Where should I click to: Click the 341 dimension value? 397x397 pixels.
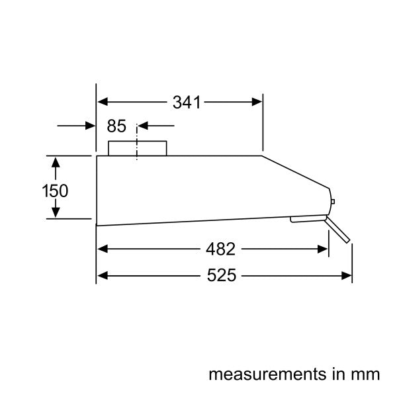tap(187, 102)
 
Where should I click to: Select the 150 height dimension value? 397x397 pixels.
tap(55, 191)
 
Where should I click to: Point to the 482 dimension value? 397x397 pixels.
tap(220, 249)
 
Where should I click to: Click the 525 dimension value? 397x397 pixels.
tap(220, 275)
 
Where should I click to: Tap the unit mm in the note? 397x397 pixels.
tap(368, 375)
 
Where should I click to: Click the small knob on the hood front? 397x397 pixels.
tap(333, 202)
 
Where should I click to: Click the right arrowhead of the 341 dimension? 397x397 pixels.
tap(257, 102)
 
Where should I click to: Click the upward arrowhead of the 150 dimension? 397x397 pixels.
tap(56, 162)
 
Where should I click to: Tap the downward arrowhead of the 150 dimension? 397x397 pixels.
tap(56, 212)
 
